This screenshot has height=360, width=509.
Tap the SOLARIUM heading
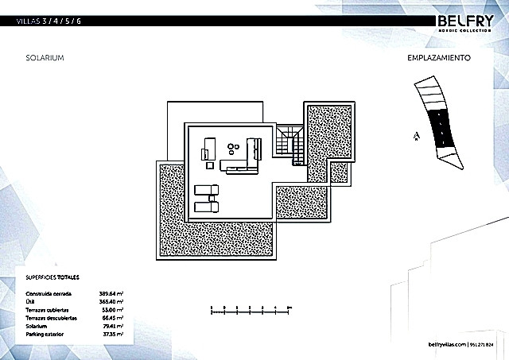pos(45,59)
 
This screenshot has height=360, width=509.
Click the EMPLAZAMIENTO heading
pos(441,58)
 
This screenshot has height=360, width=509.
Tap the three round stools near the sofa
pos(234,147)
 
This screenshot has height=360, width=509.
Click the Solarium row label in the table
pos(37,324)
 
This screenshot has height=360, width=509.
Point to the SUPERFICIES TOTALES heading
pos(53,279)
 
